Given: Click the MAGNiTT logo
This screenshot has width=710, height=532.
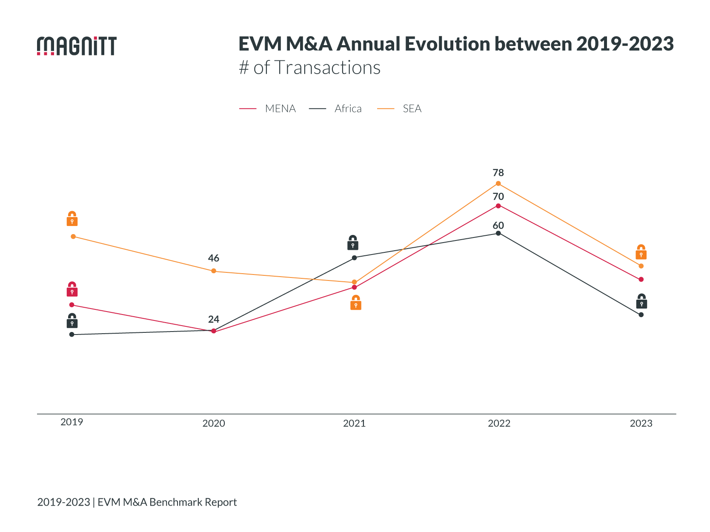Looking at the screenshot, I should click(x=77, y=46).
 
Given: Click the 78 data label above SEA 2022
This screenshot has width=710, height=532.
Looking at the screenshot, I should click(x=498, y=173).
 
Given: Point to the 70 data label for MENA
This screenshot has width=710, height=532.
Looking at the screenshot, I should click(x=498, y=197).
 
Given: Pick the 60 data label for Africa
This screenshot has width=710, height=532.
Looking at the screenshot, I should click(x=498, y=226).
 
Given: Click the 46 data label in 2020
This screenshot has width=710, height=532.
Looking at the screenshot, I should click(x=213, y=258).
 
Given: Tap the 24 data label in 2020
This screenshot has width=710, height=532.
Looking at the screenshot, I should click(x=213, y=319).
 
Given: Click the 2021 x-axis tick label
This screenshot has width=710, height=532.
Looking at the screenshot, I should click(x=354, y=423).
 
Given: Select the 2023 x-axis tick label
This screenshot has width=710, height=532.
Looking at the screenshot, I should click(x=641, y=423).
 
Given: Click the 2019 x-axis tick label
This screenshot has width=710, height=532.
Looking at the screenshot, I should click(x=72, y=422).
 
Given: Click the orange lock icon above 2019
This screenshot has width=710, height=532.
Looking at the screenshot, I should click(x=72, y=219).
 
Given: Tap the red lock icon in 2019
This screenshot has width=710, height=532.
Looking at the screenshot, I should click(x=72, y=289).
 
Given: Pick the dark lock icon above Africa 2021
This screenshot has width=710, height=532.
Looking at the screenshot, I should click(x=352, y=243).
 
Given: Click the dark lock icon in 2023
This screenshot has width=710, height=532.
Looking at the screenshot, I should click(x=641, y=301).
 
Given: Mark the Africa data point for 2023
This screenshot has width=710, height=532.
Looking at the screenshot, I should click(x=641, y=315).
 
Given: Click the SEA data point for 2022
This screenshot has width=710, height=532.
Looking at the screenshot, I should click(x=498, y=183).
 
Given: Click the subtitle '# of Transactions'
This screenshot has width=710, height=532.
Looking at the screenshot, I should click(x=309, y=68).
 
